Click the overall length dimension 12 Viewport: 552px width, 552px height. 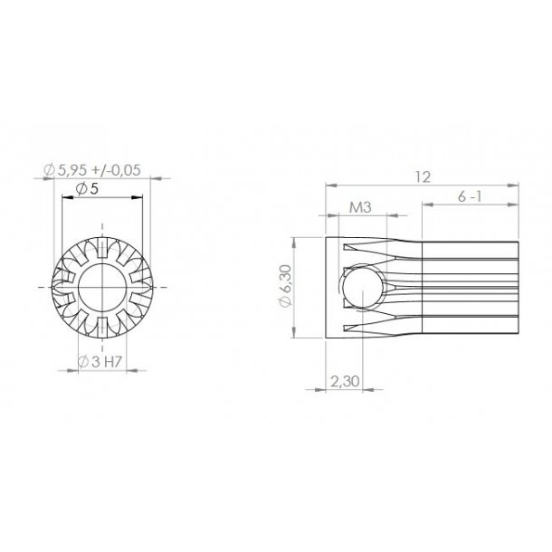click(x=422, y=176)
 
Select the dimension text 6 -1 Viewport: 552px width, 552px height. click(x=471, y=196)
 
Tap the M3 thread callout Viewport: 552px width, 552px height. click(x=361, y=208)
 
